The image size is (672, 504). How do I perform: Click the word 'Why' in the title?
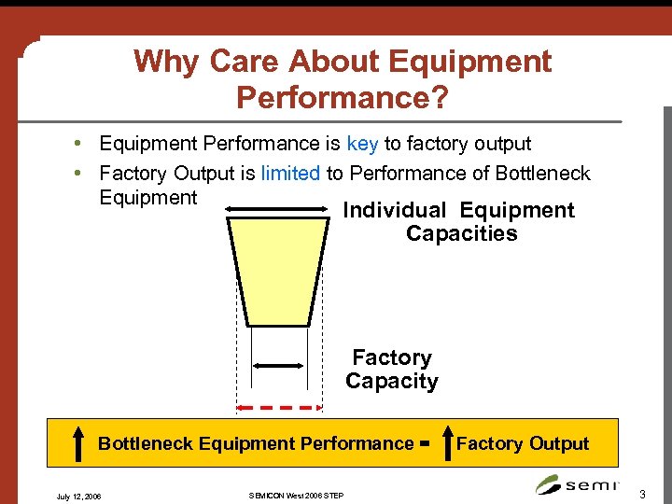167,62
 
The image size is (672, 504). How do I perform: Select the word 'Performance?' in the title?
343,96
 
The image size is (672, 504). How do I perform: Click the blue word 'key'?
362,144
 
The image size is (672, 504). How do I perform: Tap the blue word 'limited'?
290,173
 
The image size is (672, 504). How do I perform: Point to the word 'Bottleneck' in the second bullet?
544,173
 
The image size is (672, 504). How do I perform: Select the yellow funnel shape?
279,272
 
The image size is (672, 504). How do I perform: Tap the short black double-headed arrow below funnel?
279,367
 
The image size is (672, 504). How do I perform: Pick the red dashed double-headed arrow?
279,407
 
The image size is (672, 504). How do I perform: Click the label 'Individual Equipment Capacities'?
460,222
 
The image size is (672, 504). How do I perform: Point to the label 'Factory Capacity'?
392,370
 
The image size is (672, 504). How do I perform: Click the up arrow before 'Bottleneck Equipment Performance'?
79,444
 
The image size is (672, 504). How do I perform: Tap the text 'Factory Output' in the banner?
523,444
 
